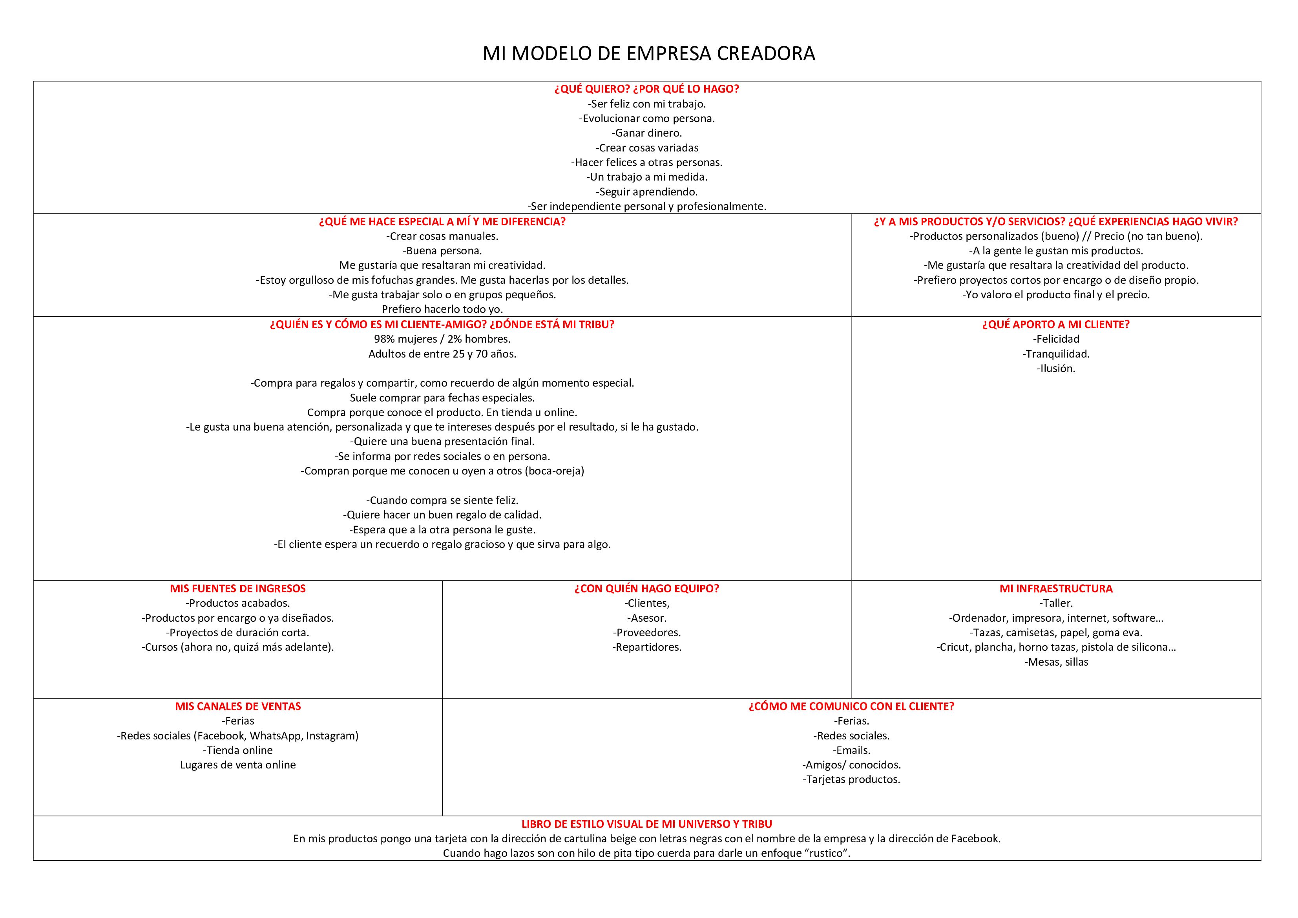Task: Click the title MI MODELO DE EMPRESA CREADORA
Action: (648, 54)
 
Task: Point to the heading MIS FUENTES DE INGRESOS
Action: (237, 588)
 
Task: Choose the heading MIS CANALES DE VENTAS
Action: (237, 706)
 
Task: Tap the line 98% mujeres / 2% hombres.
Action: (442, 339)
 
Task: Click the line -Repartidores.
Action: (647, 647)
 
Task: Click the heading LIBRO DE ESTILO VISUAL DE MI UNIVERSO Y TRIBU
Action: (647, 824)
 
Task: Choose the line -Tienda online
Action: (237, 750)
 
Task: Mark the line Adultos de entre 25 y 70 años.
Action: (442, 354)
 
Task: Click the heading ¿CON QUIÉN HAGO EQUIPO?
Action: (647, 588)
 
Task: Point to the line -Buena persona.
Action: (442, 250)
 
